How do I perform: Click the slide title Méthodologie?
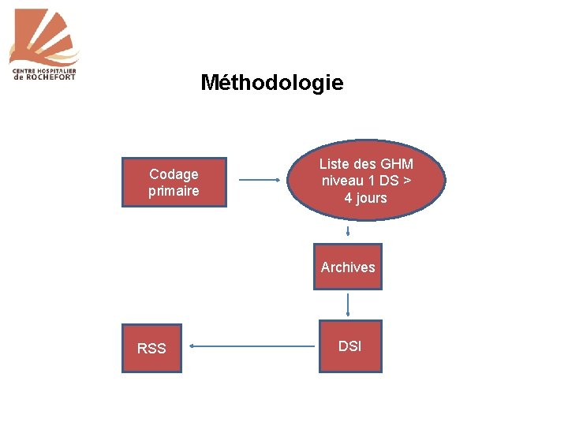click(272, 82)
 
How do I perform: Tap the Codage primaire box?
click(174, 182)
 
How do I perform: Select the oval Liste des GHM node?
click(365, 181)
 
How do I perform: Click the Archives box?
click(348, 267)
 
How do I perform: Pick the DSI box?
click(349, 346)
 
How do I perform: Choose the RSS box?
click(151, 347)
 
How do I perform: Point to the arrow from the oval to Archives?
click(348, 231)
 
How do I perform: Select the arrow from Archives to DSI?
click(348, 305)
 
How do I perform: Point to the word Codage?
click(174, 174)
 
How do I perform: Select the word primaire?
click(174, 191)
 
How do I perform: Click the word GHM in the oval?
click(397, 164)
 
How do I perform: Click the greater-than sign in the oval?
click(405, 181)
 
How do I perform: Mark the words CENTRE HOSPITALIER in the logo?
click(43, 70)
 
